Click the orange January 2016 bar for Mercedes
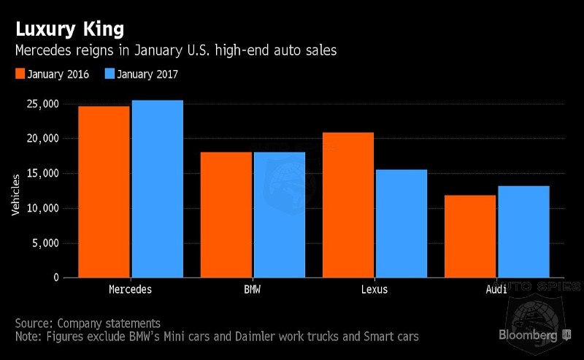(104, 192)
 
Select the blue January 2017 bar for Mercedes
(156, 189)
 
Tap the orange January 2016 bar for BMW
(226, 215)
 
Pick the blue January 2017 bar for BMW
(278, 215)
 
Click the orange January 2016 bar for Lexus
(348, 205)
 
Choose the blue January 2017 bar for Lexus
(400, 223)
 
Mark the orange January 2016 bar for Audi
(470, 237)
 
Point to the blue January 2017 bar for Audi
(523, 231)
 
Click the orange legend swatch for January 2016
(20, 74)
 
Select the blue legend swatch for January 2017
(110, 74)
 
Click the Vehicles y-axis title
(16, 194)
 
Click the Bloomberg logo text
(529, 335)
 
